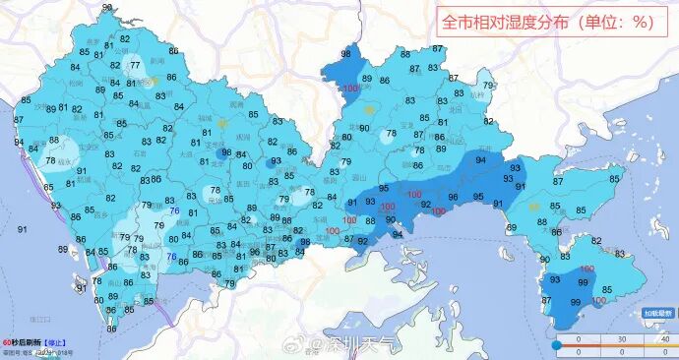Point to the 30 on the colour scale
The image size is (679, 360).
620,339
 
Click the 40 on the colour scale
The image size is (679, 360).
665,339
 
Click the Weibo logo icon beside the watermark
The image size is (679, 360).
316,344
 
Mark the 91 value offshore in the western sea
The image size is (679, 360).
21,228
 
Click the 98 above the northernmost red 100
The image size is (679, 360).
346,55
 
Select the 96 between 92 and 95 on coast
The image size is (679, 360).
453,197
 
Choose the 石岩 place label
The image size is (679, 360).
140,152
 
